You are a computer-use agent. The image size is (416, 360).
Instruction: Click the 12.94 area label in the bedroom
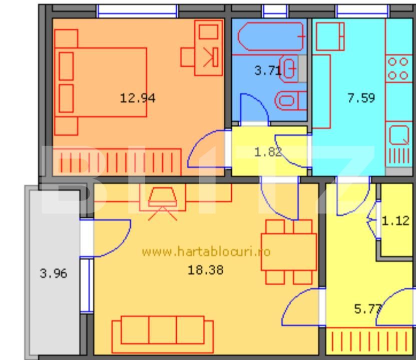click(x=138, y=98)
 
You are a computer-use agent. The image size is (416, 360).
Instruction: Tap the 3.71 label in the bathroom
click(x=267, y=70)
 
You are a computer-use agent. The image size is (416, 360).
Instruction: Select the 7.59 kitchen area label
click(x=361, y=98)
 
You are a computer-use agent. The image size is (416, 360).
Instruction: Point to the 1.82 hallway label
click(x=268, y=152)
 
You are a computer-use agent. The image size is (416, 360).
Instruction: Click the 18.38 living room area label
click(x=205, y=270)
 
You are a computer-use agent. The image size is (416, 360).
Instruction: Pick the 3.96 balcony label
click(x=54, y=274)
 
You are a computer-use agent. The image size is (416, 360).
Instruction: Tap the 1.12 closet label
click(x=395, y=220)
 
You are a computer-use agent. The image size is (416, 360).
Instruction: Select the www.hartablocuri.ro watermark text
click(x=206, y=251)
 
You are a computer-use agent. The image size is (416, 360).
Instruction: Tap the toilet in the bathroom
click(x=291, y=100)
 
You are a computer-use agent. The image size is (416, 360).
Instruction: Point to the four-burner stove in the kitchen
click(x=398, y=68)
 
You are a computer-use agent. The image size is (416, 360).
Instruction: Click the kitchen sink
click(x=399, y=135)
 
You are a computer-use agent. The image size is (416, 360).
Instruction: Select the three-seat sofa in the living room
click(x=162, y=332)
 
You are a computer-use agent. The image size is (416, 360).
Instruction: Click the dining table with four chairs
click(x=289, y=252)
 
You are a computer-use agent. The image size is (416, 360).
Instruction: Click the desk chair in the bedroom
click(x=188, y=56)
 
